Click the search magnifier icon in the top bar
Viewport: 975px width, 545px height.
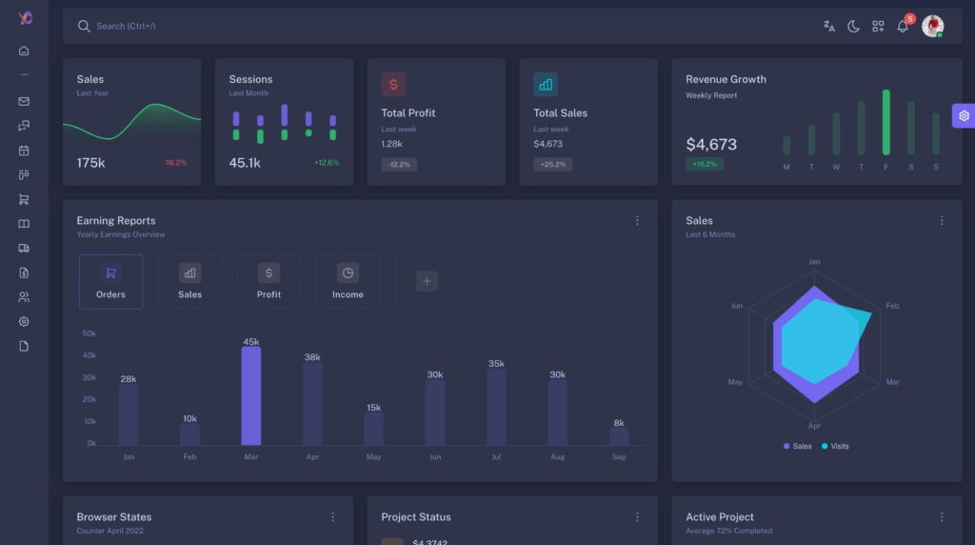[84, 27]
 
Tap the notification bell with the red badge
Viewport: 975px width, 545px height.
[903, 27]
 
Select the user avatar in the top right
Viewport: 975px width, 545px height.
[932, 26]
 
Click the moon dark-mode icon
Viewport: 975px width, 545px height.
[853, 27]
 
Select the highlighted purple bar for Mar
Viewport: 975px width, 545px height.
[250, 395]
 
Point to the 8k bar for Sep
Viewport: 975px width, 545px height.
[619, 436]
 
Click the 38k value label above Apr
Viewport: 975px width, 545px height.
[312, 357]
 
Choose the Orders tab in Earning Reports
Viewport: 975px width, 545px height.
[110, 282]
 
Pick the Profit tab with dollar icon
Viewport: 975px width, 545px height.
[269, 282]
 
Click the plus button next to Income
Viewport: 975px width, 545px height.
[427, 281]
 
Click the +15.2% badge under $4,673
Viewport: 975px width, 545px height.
[704, 164]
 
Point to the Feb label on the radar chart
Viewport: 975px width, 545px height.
[892, 306]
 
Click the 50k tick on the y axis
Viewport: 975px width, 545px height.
[89, 333]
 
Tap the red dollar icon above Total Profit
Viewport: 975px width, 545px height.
[393, 84]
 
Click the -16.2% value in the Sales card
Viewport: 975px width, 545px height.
[175, 163]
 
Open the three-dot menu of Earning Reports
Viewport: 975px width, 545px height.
[637, 220]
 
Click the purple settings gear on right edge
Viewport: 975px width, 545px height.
[964, 115]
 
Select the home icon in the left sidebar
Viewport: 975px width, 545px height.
[24, 50]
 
